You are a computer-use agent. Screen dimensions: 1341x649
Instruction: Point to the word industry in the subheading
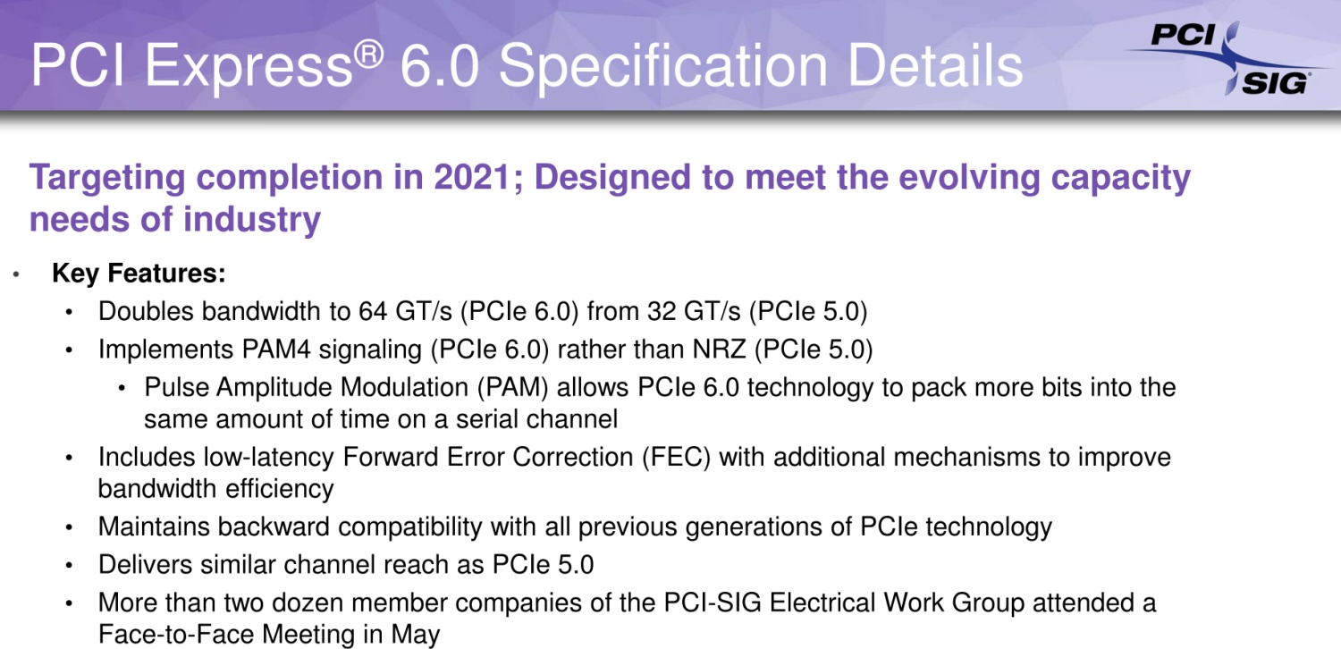tap(252, 220)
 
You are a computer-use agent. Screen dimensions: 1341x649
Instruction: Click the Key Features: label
tap(139, 273)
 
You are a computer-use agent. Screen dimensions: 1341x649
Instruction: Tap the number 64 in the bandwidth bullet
tap(373, 311)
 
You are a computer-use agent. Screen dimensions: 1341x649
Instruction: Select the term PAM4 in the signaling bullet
tap(276, 350)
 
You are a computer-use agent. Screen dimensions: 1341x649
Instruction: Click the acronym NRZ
tap(719, 350)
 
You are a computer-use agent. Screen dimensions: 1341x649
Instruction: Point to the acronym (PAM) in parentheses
tap(513, 387)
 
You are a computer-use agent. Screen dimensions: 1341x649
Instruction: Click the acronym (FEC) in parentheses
tap(676, 458)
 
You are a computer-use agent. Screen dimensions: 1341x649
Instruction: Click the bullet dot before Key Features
tap(16, 274)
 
